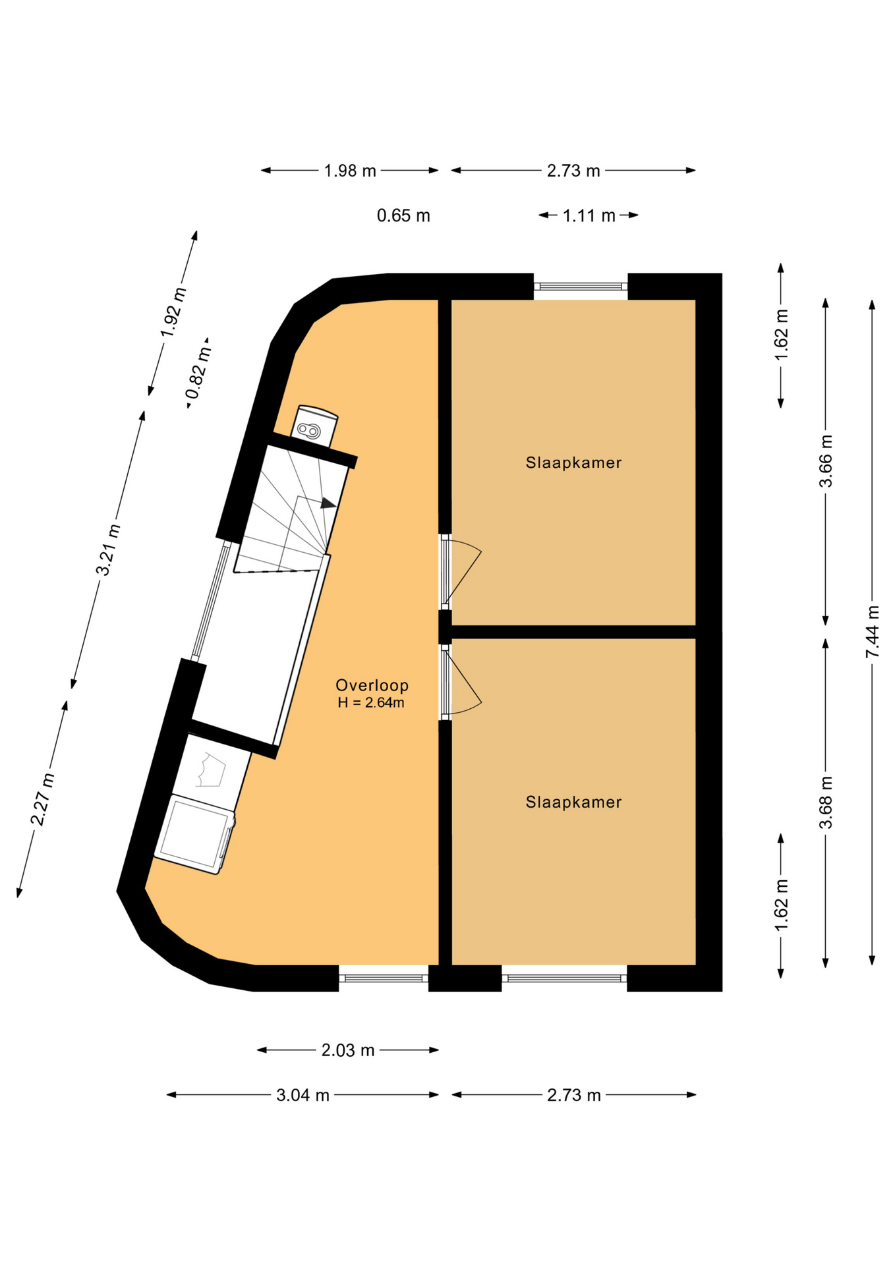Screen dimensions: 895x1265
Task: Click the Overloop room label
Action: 372,685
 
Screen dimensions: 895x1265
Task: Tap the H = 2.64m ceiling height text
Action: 371,703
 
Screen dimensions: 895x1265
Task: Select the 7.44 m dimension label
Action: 872,631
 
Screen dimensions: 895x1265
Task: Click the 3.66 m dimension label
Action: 825,461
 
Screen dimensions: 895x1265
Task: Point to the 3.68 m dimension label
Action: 825,802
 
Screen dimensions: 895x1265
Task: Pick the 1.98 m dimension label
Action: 350,171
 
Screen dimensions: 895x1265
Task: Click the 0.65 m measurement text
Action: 403,215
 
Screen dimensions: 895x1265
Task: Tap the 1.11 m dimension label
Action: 589,215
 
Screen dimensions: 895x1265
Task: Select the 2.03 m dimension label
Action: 348,1050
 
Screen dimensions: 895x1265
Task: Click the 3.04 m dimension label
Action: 303,1095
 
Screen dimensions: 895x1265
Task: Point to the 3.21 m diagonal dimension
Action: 108,549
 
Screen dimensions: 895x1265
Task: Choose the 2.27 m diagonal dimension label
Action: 42,799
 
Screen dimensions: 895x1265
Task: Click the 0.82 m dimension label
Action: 199,373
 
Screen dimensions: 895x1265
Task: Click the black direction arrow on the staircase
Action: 328,503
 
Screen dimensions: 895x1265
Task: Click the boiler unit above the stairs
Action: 314,425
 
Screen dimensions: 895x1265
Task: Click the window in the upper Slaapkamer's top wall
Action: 580,287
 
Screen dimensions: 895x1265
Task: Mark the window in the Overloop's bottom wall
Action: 384,978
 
